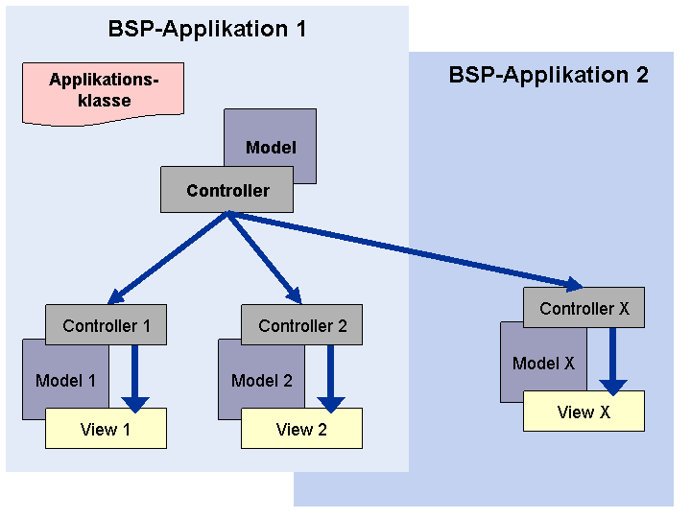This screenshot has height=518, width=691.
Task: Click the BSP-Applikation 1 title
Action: point(206,29)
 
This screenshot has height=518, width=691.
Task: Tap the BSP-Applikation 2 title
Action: point(548,75)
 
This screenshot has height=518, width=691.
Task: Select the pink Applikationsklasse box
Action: point(103,93)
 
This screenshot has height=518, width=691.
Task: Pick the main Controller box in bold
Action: point(226,189)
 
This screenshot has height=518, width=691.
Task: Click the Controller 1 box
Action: point(106,324)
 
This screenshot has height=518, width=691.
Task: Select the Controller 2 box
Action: point(301,324)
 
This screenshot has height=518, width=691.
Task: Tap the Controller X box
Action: point(584,308)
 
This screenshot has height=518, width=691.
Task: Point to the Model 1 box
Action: point(65,379)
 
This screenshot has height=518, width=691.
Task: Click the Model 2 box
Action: point(261,379)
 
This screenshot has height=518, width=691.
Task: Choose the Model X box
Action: point(543,362)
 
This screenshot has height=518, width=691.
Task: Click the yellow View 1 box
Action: point(106,429)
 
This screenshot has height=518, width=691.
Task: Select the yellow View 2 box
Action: point(301,429)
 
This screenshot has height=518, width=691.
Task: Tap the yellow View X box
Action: point(584,412)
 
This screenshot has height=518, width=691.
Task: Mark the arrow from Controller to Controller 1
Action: point(167,258)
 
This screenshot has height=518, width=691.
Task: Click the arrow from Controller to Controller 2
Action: point(265,258)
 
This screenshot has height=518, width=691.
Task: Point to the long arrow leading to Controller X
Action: point(405,251)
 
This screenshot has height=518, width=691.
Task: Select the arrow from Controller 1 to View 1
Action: point(135,379)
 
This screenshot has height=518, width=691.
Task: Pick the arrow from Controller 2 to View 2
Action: point(330,379)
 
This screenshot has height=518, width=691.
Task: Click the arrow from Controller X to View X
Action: point(613,362)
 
